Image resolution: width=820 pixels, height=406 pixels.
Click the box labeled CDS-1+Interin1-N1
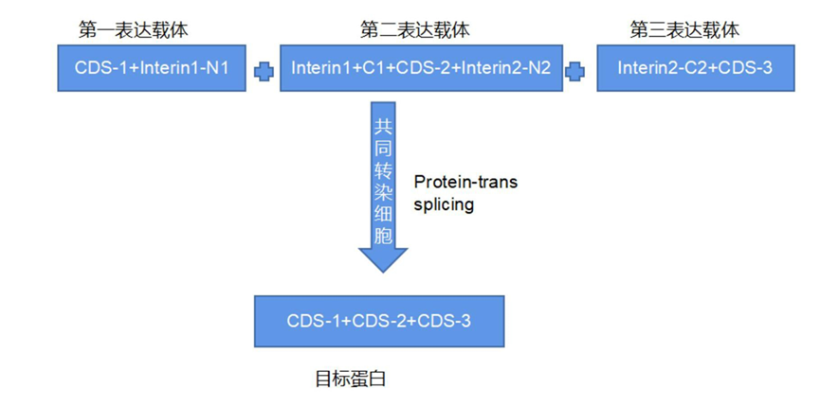tap(151, 68)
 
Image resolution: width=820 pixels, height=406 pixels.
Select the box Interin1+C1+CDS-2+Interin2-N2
tap(420, 68)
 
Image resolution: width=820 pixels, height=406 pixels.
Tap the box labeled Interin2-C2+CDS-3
tap(694, 68)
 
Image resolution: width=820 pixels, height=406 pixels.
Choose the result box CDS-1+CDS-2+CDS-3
tap(378, 321)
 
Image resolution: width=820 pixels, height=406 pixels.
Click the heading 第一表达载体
tap(133, 30)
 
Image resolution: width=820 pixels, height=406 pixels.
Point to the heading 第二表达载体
tap(414, 30)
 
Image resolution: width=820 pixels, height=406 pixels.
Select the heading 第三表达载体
tap(684, 30)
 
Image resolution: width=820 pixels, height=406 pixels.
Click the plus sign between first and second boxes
tap(264, 69)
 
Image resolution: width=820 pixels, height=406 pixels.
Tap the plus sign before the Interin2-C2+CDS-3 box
tap(574, 69)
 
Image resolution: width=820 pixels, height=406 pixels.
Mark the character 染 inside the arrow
tap(382, 192)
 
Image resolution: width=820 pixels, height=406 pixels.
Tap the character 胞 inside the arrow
tap(382, 235)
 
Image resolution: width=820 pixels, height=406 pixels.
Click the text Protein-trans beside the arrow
tap(465, 182)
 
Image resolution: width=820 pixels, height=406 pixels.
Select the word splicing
tap(444, 203)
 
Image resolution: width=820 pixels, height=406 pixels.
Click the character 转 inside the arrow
tap(382, 170)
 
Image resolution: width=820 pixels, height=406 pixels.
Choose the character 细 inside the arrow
tap(382, 214)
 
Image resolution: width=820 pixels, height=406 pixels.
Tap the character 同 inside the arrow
tap(382, 149)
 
